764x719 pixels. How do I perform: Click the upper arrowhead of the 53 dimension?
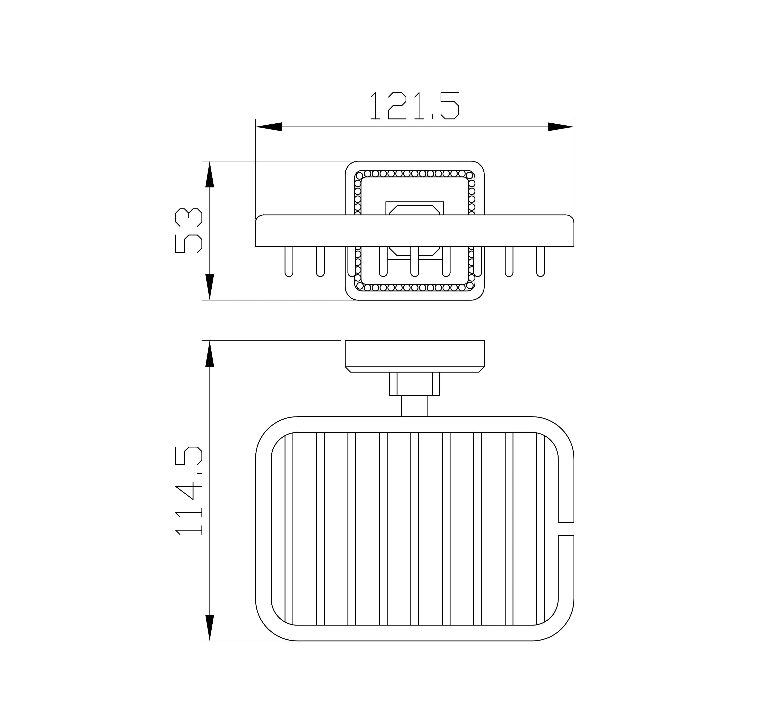[x=210, y=174]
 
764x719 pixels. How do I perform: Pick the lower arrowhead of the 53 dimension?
[x=210, y=287]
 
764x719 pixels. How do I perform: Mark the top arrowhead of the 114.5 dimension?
[x=210, y=354]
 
